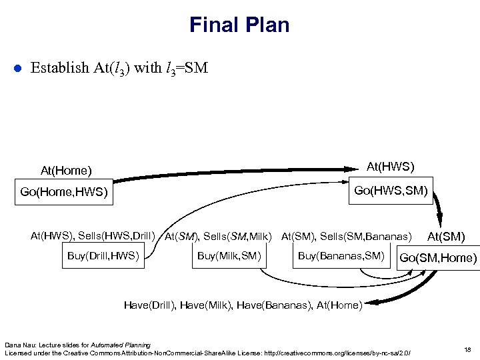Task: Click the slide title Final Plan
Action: pyautogui.click(x=239, y=25)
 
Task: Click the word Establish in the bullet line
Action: pyautogui.click(x=59, y=68)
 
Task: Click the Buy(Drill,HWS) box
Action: pyautogui.click(x=103, y=256)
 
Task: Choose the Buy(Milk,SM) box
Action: pyautogui.click(x=229, y=256)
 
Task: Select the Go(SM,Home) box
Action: pyautogui.click(x=437, y=258)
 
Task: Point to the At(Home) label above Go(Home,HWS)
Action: pyautogui.click(x=66, y=171)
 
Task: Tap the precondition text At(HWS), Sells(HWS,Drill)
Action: pyautogui.click(x=93, y=235)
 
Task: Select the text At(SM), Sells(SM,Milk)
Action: pyautogui.click(x=219, y=236)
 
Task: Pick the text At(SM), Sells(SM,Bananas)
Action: pyautogui.click(x=347, y=236)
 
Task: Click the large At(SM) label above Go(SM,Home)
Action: pyautogui.click(x=446, y=236)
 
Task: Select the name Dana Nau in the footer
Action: pyautogui.click(x=18, y=344)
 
